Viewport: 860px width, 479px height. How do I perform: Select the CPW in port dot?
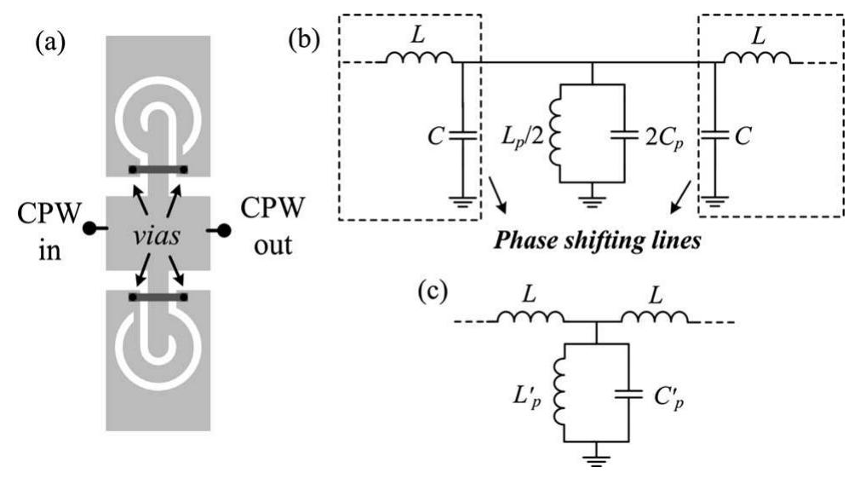coord(88,229)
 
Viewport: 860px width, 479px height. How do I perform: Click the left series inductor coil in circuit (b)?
coord(417,60)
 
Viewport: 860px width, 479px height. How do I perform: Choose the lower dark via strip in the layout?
coord(158,297)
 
